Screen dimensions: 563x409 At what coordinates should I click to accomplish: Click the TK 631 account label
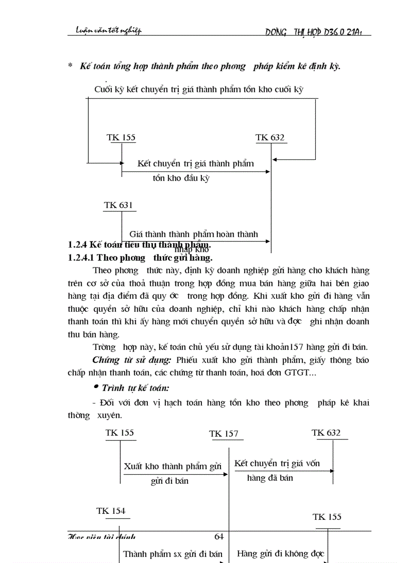(118, 205)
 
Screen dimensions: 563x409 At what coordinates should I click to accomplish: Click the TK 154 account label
(111, 511)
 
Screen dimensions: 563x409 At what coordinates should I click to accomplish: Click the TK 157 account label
(224, 434)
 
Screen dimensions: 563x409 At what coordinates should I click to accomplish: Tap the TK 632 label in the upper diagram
(270, 138)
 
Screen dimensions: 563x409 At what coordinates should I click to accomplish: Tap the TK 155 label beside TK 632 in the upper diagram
(121, 137)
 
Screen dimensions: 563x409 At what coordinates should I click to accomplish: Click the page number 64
(219, 536)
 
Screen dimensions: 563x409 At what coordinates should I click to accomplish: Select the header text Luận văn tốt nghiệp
(105, 31)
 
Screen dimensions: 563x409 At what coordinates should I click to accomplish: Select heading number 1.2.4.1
(81, 258)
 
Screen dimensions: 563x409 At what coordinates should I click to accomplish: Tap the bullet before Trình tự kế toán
(96, 387)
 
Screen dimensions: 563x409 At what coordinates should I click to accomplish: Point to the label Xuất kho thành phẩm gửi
(172, 466)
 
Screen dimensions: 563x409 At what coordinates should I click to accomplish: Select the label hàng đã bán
(270, 478)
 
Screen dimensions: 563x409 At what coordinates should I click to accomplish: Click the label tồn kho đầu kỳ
(181, 178)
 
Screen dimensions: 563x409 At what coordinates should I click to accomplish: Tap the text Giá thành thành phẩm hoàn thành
(193, 234)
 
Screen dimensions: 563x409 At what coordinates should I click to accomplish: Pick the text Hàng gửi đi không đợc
(280, 553)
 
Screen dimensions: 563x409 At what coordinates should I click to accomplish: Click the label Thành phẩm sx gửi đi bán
(172, 554)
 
